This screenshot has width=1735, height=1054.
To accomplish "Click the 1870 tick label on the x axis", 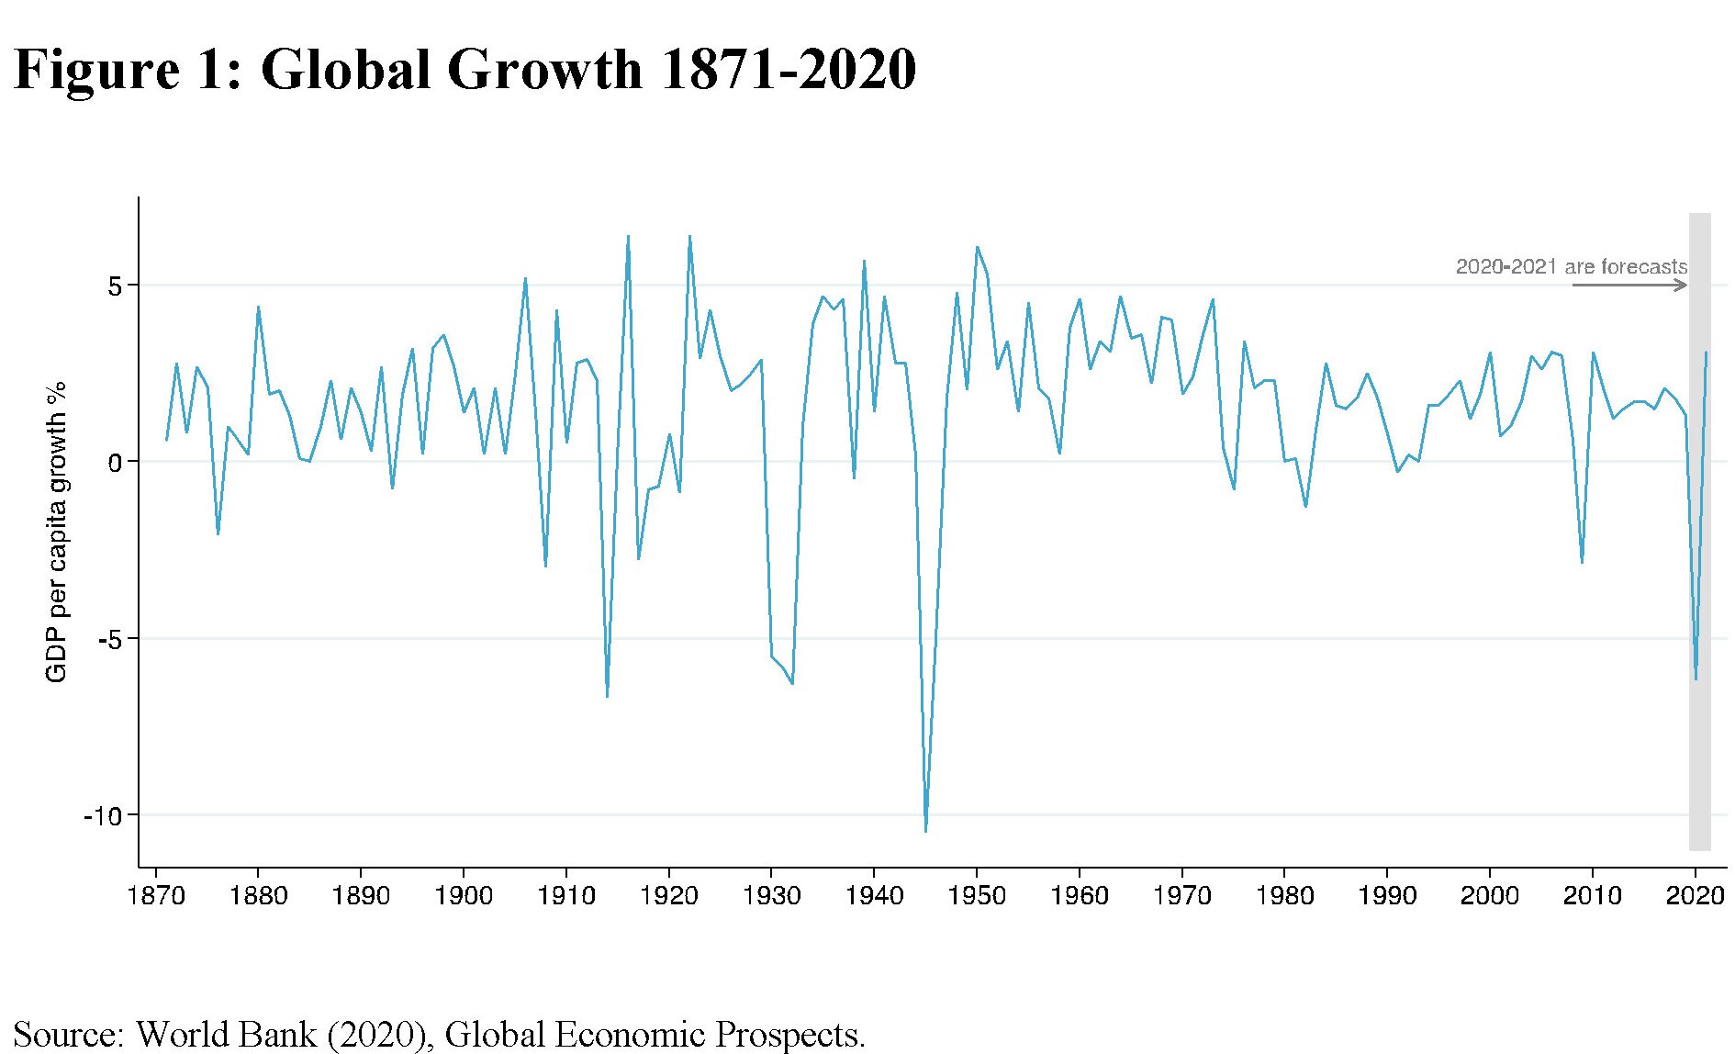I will (156, 895).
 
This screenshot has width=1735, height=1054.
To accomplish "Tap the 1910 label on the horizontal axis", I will (566, 895).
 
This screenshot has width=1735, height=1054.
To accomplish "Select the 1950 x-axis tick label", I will (977, 895).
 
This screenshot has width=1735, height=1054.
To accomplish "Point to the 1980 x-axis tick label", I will (1284, 895).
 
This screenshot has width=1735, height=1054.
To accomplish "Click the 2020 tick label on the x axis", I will (1695, 895).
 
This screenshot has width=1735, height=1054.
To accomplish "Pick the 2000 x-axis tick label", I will (1489, 895).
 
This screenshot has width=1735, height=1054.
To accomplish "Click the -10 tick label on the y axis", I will (102, 816).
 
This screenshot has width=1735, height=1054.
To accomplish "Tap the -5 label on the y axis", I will (108, 640).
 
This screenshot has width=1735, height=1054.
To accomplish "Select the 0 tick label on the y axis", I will (115, 463).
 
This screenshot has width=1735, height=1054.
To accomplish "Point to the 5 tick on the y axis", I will (115, 286).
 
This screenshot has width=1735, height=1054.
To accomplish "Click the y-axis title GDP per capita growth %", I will (57, 533).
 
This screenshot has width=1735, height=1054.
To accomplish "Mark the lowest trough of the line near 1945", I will (925, 831).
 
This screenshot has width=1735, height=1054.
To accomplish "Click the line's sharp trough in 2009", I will (1582, 562).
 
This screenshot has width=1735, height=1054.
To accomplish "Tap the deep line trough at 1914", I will (607, 696).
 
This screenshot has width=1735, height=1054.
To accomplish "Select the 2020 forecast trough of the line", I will (1696, 678).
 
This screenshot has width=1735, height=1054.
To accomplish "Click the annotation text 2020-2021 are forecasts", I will (1571, 267).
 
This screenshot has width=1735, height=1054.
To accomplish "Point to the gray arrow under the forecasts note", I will (1629, 286).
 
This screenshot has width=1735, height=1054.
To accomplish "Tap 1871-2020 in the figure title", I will (788, 70).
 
